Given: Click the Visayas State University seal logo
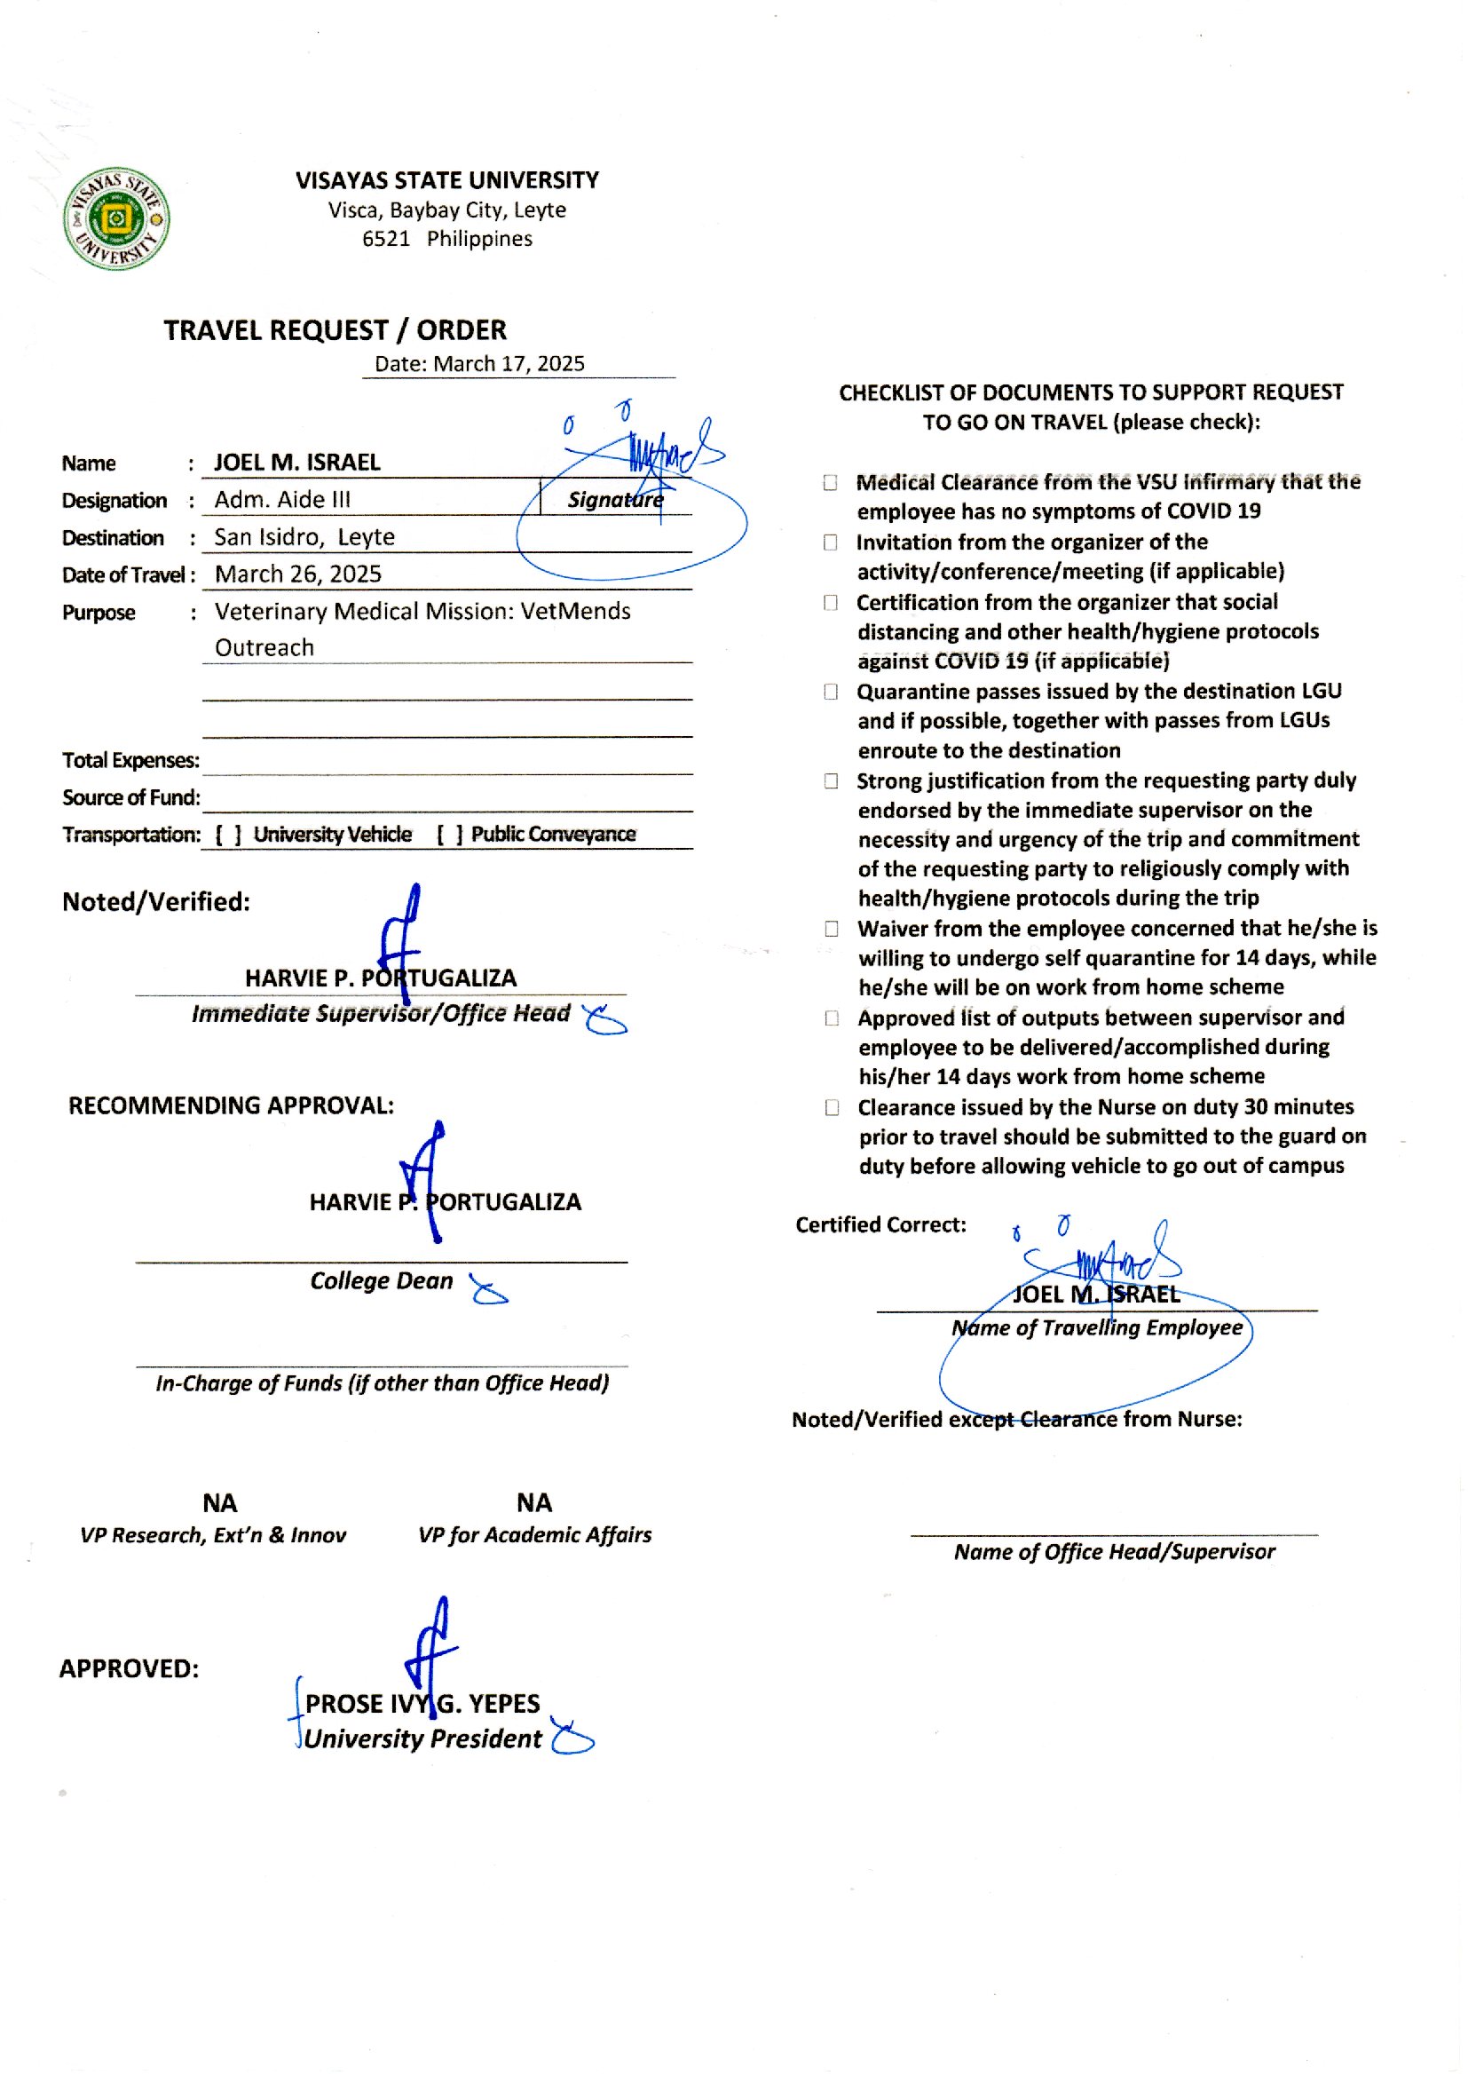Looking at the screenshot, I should [116, 218].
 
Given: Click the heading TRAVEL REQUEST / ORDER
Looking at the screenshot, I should [335, 330].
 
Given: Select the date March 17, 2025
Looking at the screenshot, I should [509, 363].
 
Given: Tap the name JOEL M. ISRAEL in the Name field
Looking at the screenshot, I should [297, 462].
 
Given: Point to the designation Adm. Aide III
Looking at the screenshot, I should [282, 499].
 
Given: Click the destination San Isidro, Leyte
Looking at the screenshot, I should [304, 537].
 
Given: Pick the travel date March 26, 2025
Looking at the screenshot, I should [298, 574].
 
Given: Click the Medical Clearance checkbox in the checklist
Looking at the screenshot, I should [831, 483].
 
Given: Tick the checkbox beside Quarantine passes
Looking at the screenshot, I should [831, 692].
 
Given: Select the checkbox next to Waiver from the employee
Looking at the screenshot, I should [832, 929].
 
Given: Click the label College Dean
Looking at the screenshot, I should [382, 1280].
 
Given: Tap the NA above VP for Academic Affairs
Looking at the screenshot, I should [534, 1502].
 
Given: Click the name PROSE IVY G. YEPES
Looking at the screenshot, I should [422, 1703].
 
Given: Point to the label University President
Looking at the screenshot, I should [423, 1738].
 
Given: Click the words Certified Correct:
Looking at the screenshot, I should [880, 1224].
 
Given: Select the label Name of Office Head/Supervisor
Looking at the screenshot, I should [1115, 1551].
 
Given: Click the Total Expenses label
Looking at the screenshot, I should [131, 760].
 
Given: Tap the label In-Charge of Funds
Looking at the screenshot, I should [383, 1382].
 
